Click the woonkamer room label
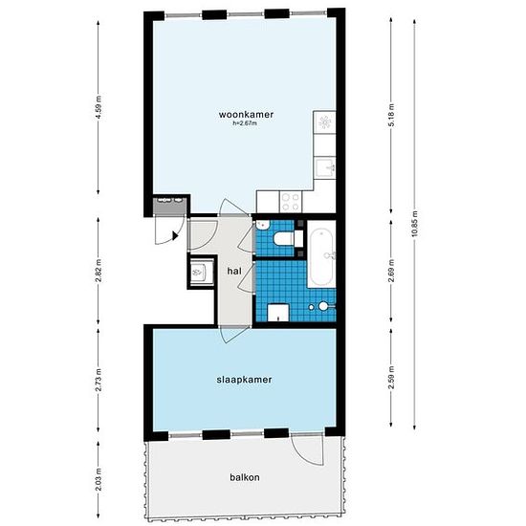pyautogui.click(x=246, y=115)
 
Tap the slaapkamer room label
pyautogui.click(x=244, y=380)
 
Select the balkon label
pyautogui.click(x=245, y=477)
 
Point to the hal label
pyautogui.click(x=234, y=271)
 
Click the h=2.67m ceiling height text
pyautogui.click(x=245, y=123)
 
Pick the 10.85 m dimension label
pyautogui.click(x=415, y=224)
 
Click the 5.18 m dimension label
pyautogui.click(x=391, y=115)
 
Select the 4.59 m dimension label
pyautogui.click(x=98, y=107)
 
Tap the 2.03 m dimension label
pyautogui.click(x=98, y=479)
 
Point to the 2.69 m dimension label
pyautogui.click(x=391, y=271)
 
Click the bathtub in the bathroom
pyautogui.click(x=321, y=254)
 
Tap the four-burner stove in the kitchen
pyautogui.click(x=291, y=202)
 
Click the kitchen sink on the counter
pyautogui.click(x=325, y=166)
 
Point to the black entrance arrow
pyautogui.click(x=175, y=235)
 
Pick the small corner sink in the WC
pyautogui.click(x=262, y=225)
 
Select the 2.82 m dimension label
pyautogui.click(x=98, y=271)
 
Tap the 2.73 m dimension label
pyautogui.click(x=98, y=380)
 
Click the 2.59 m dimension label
pyautogui.click(x=391, y=378)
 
